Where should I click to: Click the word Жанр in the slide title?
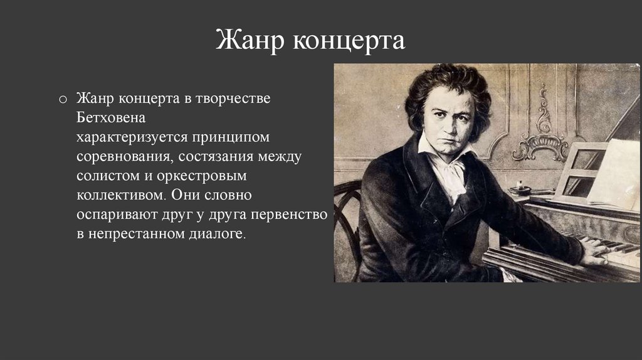coord(250,40)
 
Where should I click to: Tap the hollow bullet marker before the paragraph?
coord(63,100)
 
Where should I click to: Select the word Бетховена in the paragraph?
coord(111,117)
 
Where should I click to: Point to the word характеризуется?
coord(132,137)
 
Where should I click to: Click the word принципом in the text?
coord(231,137)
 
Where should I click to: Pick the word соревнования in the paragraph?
coord(125,156)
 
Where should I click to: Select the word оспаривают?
coord(117,214)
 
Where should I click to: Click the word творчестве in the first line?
coord(233,98)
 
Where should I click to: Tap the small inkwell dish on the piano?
coord(520,190)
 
